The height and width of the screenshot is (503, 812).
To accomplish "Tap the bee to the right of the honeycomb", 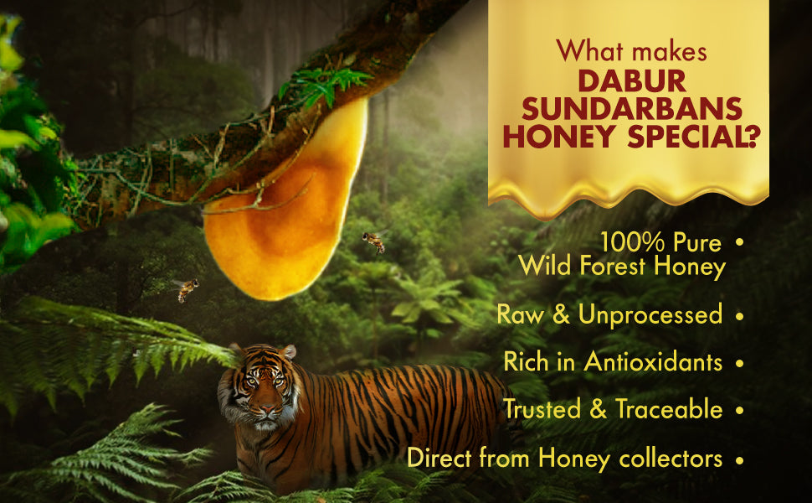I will (x=373, y=241).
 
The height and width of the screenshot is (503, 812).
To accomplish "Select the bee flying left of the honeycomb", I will (x=186, y=289).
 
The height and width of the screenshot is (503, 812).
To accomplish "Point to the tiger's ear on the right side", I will (x=288, y=352).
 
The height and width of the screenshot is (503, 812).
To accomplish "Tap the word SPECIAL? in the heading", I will (x=690, y=136).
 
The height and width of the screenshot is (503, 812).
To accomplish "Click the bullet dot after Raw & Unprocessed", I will (x=738, y=317).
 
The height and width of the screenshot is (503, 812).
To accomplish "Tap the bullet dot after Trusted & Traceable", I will (x=738, y=411).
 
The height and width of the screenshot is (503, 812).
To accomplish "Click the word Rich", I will (x=527, y=362).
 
